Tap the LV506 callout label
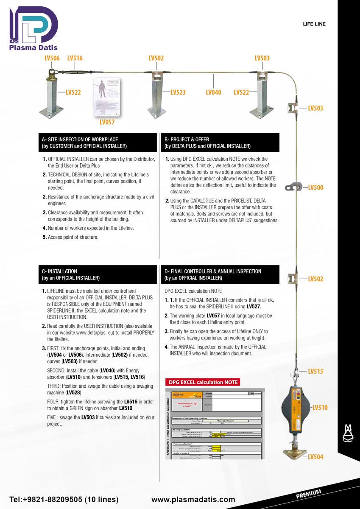point(52,58)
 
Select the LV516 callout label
point(75,58)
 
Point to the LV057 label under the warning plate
point(107,123)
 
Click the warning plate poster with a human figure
point(106,97)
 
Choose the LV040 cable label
point(213,92)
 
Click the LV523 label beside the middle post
point(178,92)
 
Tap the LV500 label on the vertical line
point(315,187)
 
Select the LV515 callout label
point(315,371)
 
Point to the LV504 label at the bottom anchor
point(315,457)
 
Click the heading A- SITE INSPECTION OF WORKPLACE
point(80,139)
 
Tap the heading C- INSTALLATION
point(59,271)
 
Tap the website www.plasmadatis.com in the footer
point(193,500)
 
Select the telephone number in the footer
point(64,500)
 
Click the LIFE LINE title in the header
point(314,24)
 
